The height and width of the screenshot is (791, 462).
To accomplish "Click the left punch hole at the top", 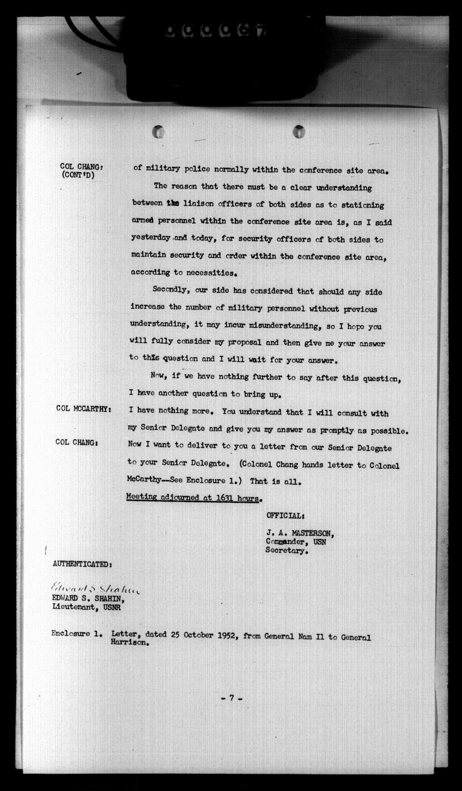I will (x=158, y=132).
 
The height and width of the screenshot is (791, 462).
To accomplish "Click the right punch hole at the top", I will (x=299, y=132).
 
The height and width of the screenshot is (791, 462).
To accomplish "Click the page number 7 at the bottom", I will (x=231, y=698).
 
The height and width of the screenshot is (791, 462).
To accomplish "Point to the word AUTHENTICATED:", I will (x=82, y=563).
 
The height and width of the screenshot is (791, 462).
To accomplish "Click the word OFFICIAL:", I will (x=285, y=516).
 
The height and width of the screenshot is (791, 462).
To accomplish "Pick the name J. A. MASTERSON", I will (x=300, y=532).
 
